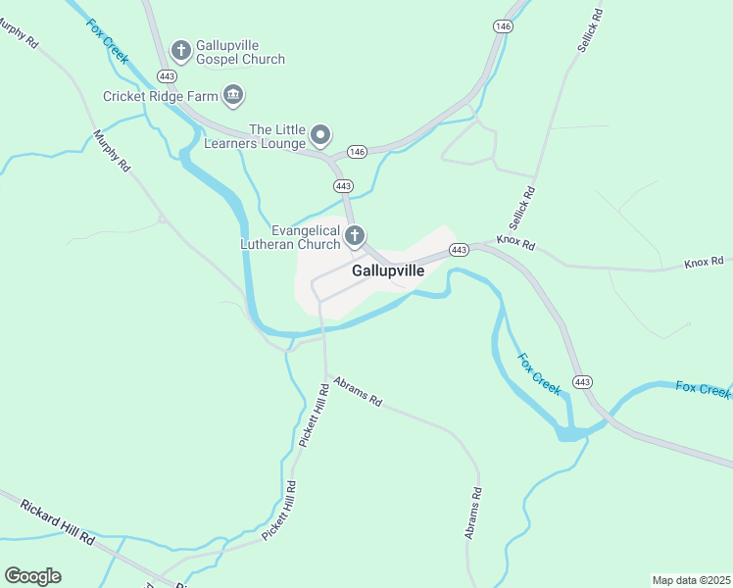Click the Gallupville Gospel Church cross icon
[180, 49]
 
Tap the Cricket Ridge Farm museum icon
[233, 95]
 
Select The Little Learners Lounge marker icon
[320, 134]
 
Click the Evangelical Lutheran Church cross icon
[355, 235]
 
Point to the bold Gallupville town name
[388, 271]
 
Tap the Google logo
[32, 575]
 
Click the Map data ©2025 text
[691, 579]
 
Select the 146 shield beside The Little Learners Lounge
[357, 152]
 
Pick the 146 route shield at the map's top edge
[503, 26]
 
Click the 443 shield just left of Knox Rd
[459, 251]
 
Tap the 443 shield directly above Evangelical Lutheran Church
[342, 185]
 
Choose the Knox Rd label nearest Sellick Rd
[515, 240]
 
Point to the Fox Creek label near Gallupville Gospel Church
[108, 41]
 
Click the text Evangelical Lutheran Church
[292, 237]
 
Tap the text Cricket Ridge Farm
[161, 96]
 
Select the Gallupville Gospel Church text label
[240, 52]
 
